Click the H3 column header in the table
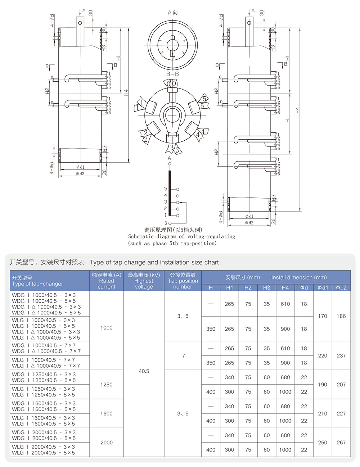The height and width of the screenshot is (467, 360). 266,287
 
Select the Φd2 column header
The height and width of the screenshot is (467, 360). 341,287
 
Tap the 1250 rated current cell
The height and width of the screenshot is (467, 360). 107,385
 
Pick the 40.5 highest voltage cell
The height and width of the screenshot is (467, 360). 144,371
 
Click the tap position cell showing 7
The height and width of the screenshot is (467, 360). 183,355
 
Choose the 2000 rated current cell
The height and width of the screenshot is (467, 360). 107,443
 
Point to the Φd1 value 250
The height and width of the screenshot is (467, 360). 323,443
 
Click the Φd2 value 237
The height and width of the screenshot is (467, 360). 341,355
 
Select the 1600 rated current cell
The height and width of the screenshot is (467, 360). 107,414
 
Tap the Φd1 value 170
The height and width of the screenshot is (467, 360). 323,316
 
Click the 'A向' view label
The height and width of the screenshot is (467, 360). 172,13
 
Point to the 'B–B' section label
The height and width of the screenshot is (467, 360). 172,74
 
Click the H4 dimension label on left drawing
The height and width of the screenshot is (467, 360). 126,92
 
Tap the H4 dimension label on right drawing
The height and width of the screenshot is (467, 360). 297,110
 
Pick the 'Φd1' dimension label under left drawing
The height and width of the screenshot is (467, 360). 80,167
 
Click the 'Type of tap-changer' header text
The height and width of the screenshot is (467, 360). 37,284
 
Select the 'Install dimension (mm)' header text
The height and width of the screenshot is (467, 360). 299,277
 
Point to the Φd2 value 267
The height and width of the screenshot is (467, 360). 341,443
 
